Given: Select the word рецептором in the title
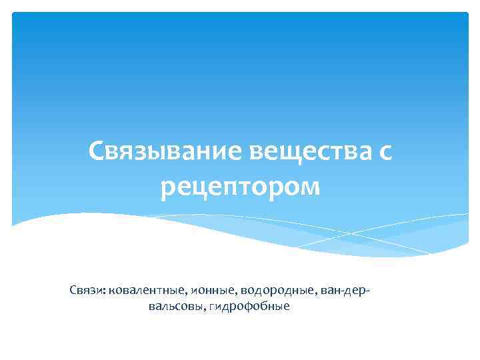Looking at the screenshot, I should pyautogui.click(x=240, y=187).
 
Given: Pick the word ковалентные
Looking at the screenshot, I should pyautogui.click(x=145, y=290).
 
